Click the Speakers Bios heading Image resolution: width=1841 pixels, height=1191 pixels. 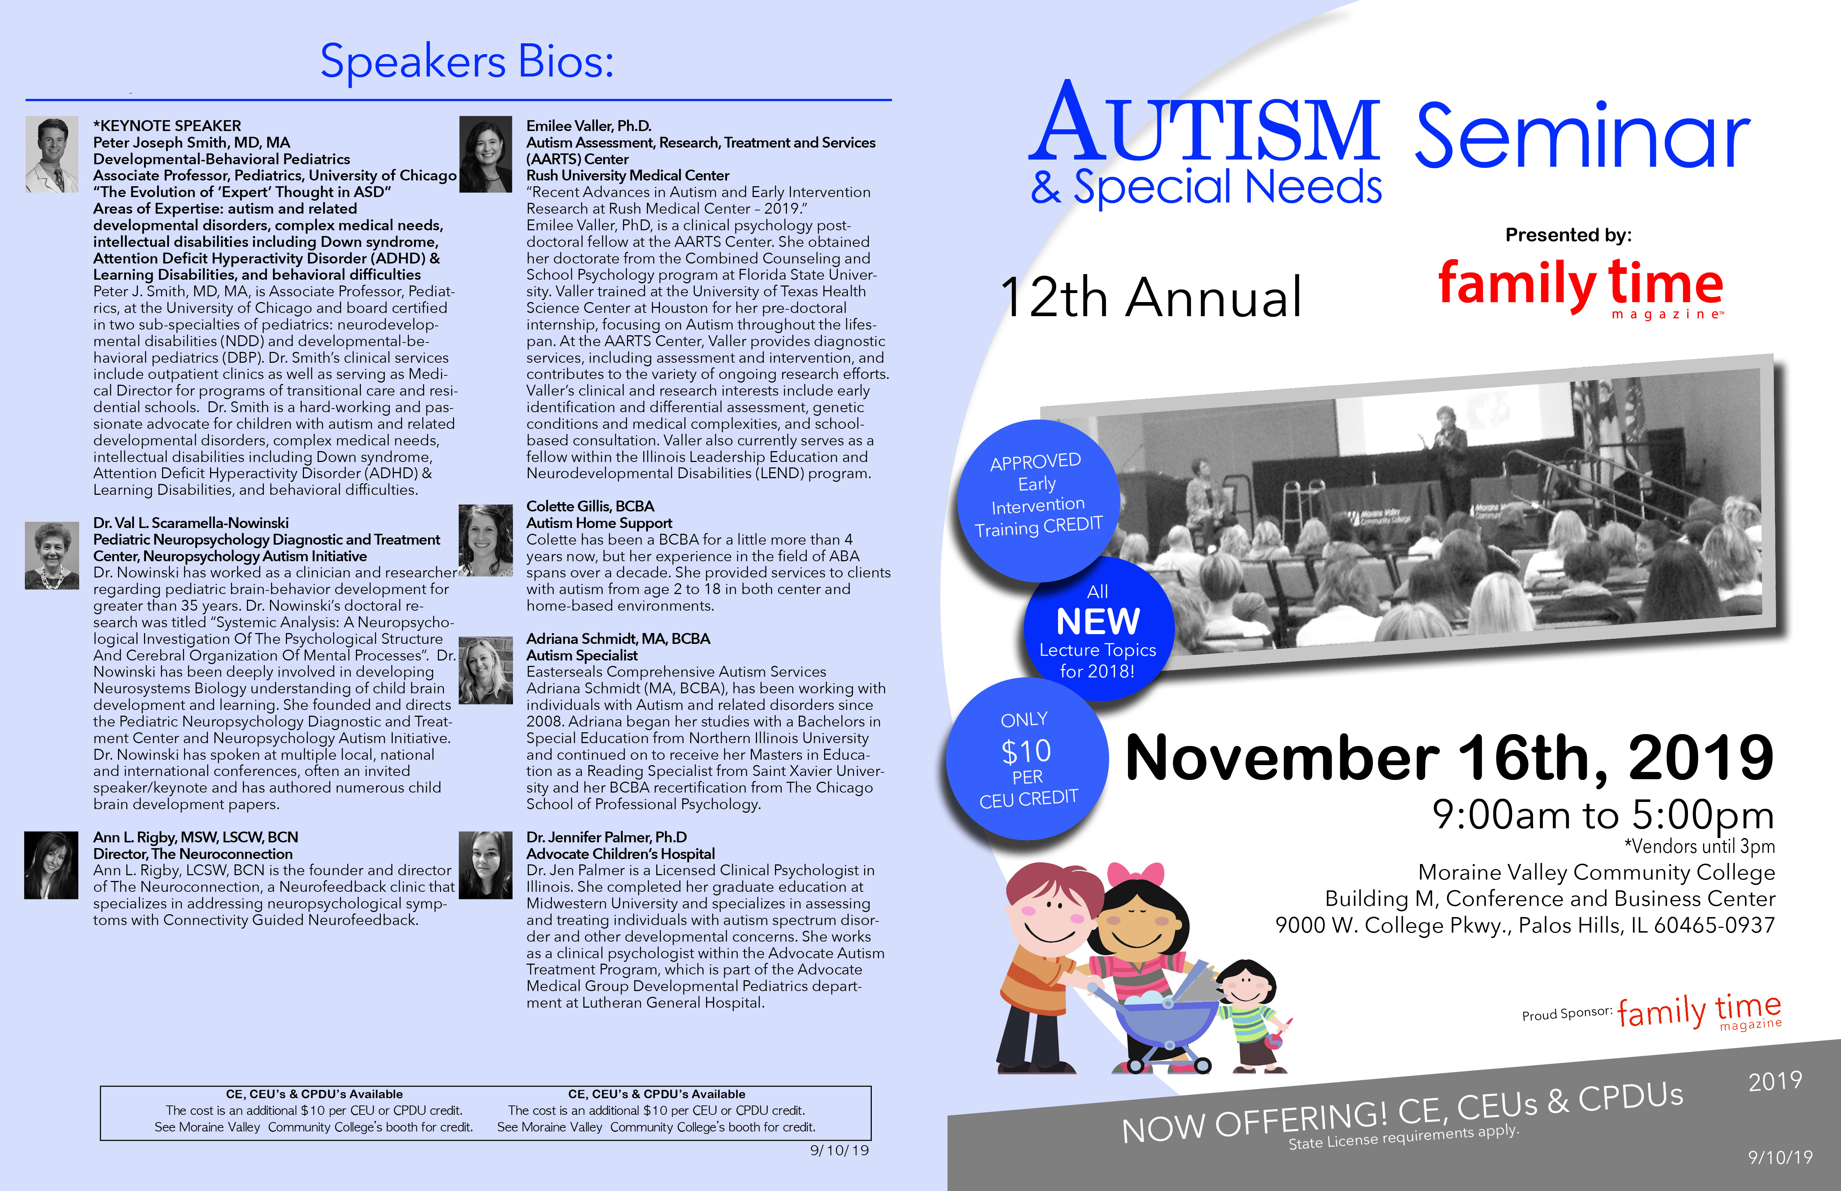click(x=466, y=62)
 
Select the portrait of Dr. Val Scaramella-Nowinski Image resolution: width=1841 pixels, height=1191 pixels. click(x=52, y=555)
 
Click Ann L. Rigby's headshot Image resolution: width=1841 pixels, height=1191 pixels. click(x=51, y=865)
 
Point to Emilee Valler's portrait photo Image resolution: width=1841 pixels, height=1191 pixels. click(x=486, y=154)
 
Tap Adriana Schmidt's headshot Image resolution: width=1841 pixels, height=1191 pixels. click(x=486, y=670)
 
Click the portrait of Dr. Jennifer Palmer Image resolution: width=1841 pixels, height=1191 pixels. click(x=486, y=865)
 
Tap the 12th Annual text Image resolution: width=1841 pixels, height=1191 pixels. click(x=1151, y=297)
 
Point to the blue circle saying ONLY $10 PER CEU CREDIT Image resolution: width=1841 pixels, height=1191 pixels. click(x=1027, y=759)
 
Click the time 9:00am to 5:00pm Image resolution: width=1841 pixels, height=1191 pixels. click(x=1603, y=814)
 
